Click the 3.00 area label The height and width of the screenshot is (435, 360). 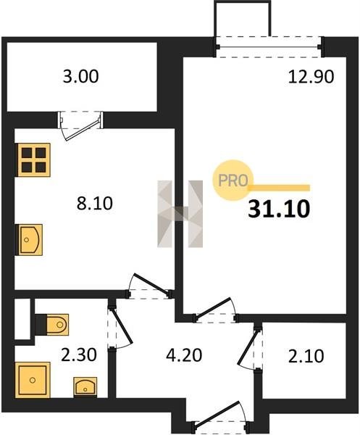[x=80, y=77]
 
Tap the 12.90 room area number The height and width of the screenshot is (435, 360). [x=311, y=77]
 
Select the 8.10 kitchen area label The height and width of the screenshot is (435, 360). [x=94, y=203]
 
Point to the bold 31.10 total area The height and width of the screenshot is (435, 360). [x=279, y=209]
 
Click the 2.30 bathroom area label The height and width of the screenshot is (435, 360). [x=79, y=355]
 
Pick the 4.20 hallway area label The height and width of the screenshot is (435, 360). [x=184, y=355]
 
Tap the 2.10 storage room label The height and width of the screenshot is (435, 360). [x=306, y=356]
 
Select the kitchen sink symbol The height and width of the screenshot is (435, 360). [x=30, y=240]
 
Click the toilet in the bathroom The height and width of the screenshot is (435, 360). [x=52, y=324]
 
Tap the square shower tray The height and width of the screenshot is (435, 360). [x=33, y=380]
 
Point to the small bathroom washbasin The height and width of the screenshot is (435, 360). [x=85, y=386]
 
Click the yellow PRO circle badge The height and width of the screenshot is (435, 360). [x=233, y=181]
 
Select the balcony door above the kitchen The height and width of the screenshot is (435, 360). [x=80, y=125]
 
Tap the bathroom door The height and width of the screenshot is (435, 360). [x=119, y=327]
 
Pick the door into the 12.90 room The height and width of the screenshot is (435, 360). [x=214, y=311]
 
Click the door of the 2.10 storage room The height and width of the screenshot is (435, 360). [x=249, y=349]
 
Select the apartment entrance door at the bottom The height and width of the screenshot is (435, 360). [x=221, y=415]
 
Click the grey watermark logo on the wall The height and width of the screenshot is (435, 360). [x=180, y=214]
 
